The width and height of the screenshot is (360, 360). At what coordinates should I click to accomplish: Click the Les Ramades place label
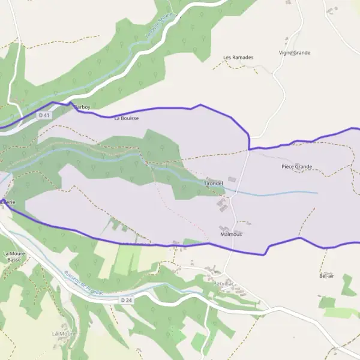[x=238, y=58]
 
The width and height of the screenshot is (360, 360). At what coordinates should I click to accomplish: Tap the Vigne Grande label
[x=295, y=53]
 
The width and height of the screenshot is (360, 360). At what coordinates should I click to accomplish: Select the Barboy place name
[x=82, y=107]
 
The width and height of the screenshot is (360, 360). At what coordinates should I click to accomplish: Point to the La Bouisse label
[x=126, y=118]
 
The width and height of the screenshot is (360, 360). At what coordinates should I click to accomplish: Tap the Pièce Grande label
[x=296, y=166]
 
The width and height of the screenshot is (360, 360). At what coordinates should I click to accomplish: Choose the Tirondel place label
[x=214, y=182]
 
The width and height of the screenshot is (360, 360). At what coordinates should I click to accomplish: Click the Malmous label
[x=231, y=235]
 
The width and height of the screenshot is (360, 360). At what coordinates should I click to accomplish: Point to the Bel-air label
[x=326, y=276]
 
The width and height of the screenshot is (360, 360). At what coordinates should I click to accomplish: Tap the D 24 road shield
[x=125, y=299]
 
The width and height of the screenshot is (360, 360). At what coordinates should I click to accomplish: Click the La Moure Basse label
[x=13, y=257]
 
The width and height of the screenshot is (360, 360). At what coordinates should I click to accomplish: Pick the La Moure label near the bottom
[x=62, y=333]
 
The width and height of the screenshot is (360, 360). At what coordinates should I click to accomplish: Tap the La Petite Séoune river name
[x=159, y=27]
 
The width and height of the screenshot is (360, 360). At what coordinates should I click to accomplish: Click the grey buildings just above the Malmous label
[x=224, y=228]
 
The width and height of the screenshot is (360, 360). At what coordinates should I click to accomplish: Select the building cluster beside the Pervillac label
[x=241, y=290]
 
